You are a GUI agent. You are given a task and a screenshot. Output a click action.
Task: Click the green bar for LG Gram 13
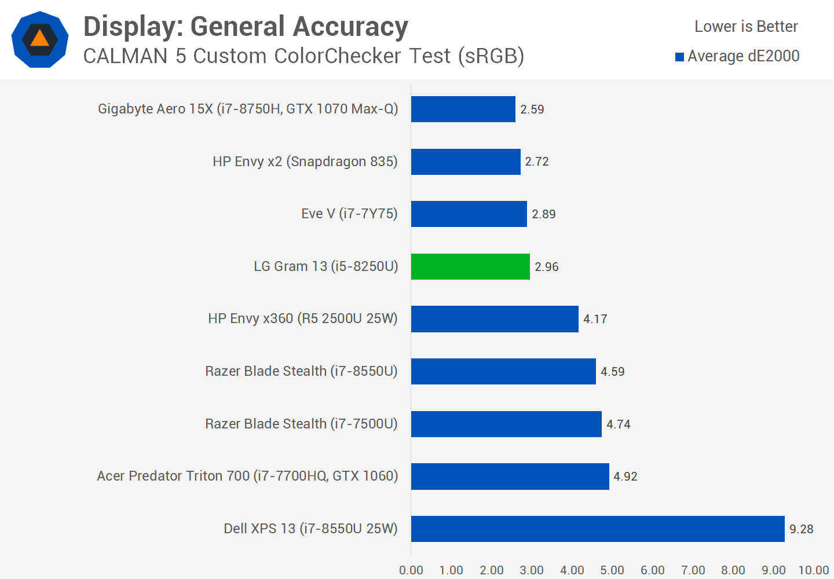[x=470, y=266]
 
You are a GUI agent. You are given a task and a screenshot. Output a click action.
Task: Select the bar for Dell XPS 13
[x=598, y=529]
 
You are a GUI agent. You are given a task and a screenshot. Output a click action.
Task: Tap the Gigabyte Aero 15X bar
[x=463, y=109]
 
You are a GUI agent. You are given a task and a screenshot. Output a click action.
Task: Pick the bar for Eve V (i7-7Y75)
[x=469, y=214]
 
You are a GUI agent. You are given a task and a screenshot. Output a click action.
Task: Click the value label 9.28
[x=801, y=529]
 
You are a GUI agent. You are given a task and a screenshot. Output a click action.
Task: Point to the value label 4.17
[x=595, y=319]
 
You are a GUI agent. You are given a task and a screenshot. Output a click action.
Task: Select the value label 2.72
[x=536, y=162]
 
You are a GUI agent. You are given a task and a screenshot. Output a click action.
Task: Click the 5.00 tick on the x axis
[x=612, y=570]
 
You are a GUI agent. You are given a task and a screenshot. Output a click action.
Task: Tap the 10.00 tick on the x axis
[x=813, y=570]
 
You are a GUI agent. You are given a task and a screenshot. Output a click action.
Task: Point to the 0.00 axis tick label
[x=411, y=570]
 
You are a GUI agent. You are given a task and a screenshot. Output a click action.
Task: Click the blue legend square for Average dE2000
[x=680, y=57]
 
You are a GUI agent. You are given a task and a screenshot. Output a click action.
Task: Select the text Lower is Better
[x=746, y=27]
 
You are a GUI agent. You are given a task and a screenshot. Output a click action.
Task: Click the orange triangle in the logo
[x=39, y=39]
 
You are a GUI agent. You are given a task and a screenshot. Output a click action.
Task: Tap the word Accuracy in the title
[x=350, y=27]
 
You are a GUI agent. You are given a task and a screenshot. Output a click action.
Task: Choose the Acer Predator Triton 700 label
[x=247, y=476]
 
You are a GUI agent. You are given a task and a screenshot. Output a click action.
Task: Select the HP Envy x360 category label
[x=302, y=318]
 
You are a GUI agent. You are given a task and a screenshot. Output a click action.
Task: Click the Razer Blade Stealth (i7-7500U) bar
[x=506, y=424]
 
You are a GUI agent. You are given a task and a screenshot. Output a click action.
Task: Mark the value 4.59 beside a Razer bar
[x=612, y=372]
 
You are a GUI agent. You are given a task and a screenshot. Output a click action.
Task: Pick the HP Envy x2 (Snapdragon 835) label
[x=305, y=162]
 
